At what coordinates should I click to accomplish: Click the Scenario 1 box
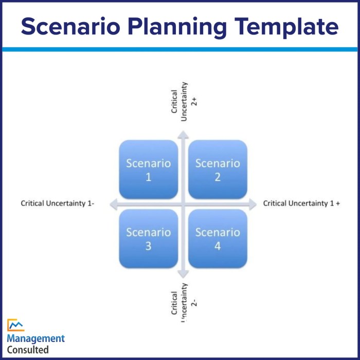click(149, 170)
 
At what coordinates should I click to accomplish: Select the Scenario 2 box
click(218, 170)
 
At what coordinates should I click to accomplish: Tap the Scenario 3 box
click(149, 239)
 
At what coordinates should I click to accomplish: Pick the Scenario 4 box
click(218, 239)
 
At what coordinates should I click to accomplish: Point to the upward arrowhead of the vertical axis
click(183, 134)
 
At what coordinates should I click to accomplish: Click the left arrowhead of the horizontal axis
click(114, 204)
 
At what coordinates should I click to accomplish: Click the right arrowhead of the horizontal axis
click(251, 204)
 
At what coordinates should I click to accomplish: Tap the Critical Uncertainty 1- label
click(58, 204)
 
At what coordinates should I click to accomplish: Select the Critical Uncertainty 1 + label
click(302, 204)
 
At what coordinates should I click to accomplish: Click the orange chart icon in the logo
click(15, 325)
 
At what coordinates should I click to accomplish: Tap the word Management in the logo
click(36, 338)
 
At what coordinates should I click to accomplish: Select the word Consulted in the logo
click(28, 350)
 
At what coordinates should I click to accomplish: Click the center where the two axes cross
click(183, 204)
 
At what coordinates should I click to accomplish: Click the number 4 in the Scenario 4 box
click(218, 246)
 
